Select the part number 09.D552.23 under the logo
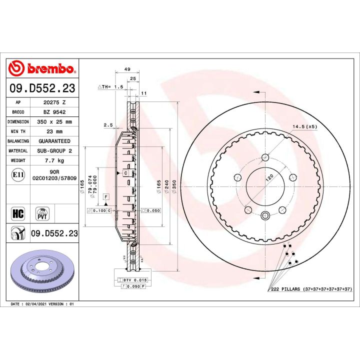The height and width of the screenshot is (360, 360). coord(42,89)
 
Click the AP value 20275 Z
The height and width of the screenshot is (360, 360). coord(54,102)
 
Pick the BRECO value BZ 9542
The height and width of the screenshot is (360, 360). coord(54,112)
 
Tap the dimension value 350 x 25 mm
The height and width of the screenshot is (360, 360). coord(54,121)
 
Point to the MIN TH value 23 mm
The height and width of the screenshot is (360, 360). coord(54,131)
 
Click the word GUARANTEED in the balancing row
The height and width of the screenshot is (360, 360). coord(54,141)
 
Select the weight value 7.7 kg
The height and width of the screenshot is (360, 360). coord(54,161)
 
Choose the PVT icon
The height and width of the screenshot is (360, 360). coord(42,214)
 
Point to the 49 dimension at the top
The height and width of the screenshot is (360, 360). coord(127,69)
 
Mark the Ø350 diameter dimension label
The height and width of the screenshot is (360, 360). coord(174,186)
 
